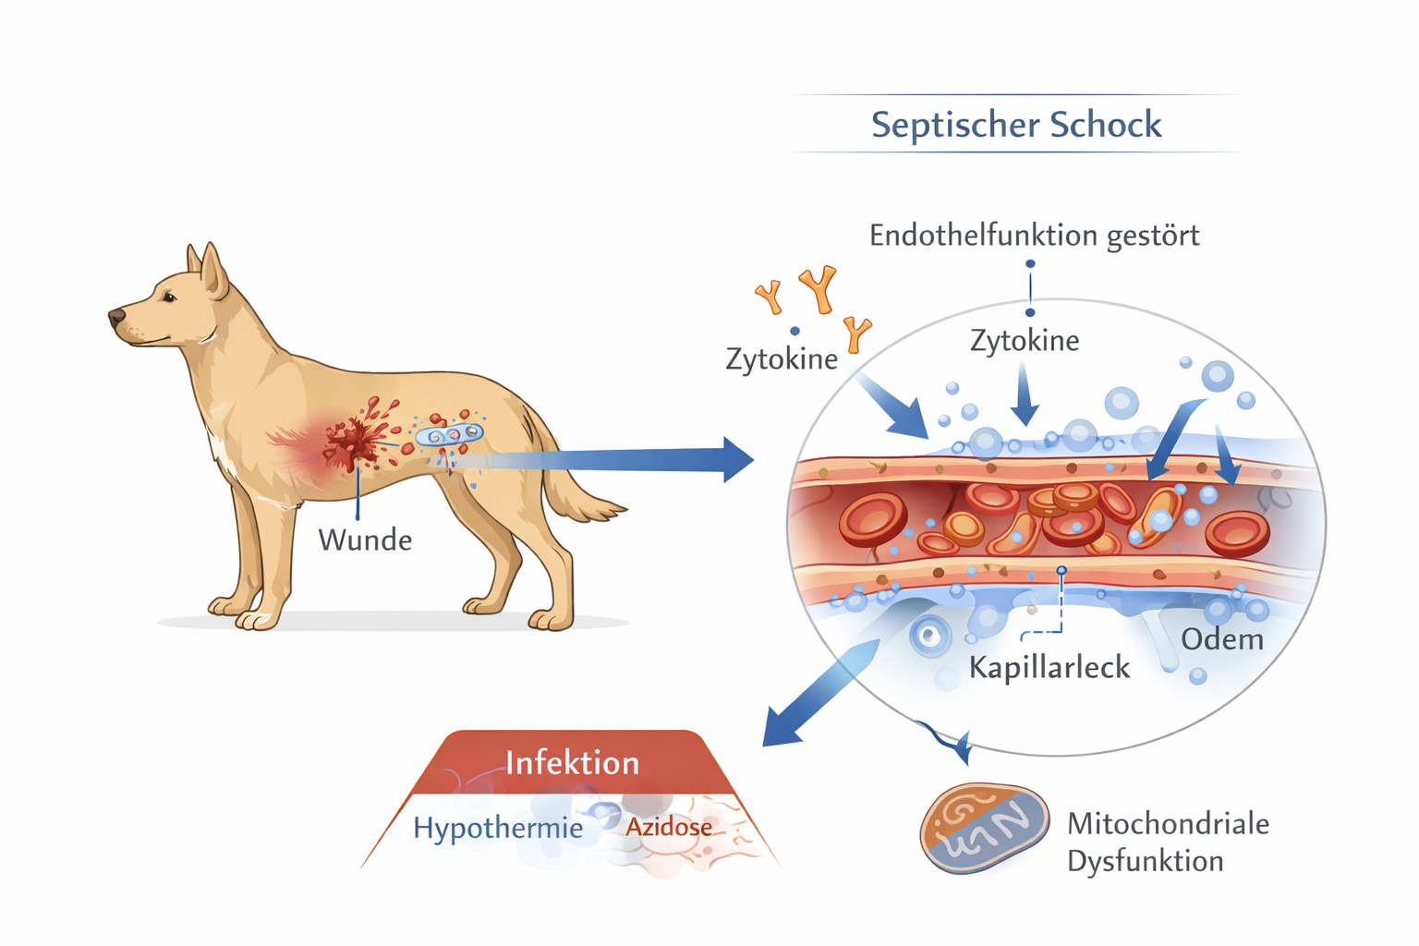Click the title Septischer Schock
coord(1016,125)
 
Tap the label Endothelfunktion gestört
coord(1034,236)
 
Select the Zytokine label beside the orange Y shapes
coord(782,358)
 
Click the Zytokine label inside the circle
coord(1025,341)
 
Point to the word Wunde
coord(365,540)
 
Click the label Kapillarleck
coord(1049,667)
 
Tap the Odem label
coord(1221,639)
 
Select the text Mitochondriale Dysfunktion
coord(1167,842)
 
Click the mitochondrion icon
coord(985,828)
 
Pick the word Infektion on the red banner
coord(572,763)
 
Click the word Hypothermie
coord(498,828)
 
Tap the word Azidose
coord(669,827)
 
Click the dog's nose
coord(116,318)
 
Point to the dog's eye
coord(170,297)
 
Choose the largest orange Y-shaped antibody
coord(819,287)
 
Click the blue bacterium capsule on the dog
coord(448,434)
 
